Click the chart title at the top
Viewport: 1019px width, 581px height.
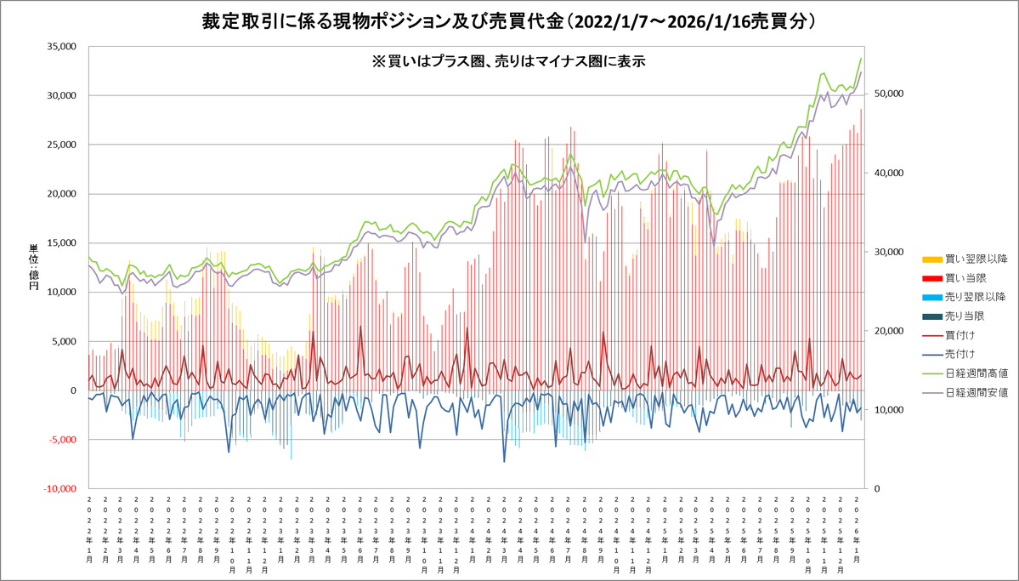pyautogui.click(x=509, y=21)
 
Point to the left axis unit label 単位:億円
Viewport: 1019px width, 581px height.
pyautogui.click(x=34, y=268)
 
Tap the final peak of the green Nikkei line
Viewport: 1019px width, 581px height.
pyautogui.click(x=861, y=59)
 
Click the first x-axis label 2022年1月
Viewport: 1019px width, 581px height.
pyautogui.click(x=90, y=527)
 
